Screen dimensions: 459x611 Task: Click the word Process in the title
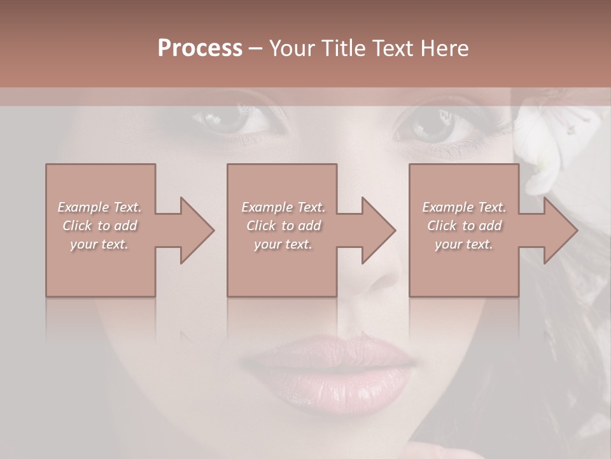[200, 48]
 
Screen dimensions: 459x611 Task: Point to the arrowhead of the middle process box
[378, 230]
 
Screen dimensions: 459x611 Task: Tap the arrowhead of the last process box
[560, 230]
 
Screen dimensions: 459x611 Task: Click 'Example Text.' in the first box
[99, 207]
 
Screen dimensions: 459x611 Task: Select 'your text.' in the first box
[99, 244]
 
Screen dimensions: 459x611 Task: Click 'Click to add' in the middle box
[283, 226]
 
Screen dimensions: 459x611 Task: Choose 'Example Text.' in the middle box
[283, 207]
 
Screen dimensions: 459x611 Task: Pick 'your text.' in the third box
[464, 244]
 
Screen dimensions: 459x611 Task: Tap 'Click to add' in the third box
[464, 226]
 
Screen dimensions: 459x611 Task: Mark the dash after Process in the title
[256, 48]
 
